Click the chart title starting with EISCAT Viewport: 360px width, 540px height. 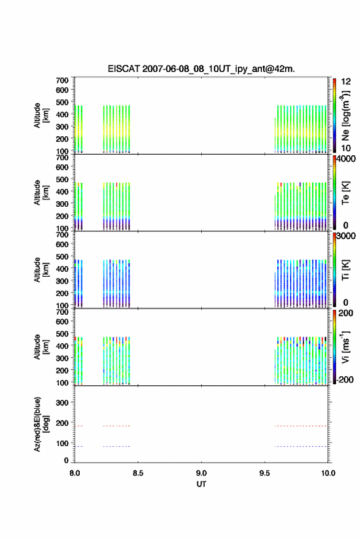point(201,69)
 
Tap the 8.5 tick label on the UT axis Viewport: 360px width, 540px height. point(138,473)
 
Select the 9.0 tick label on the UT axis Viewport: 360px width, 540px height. point(201,473)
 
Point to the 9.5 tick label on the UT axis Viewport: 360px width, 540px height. point(265,473)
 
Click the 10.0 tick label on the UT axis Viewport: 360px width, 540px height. point(328,473)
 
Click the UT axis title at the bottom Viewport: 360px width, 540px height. point(201,484)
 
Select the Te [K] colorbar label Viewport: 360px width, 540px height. point(345,193)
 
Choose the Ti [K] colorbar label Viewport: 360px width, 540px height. point(345,269)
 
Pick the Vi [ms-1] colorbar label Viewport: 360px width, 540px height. point(345,347)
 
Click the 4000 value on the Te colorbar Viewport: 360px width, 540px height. point(346,159)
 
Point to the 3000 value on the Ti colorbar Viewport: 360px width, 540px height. point(346,236)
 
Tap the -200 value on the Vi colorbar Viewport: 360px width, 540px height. point(345,379)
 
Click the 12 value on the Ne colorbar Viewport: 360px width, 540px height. point(346,82)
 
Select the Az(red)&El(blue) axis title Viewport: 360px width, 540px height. point(41,424)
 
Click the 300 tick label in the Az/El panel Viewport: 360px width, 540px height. point(62,403)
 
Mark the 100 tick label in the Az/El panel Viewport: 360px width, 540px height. point(62,443)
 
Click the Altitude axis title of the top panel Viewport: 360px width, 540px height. point(41,115)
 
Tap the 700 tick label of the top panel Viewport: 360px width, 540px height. point(62,80)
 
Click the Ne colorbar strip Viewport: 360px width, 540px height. point(334,115)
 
